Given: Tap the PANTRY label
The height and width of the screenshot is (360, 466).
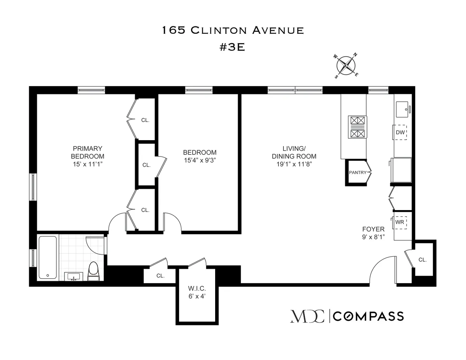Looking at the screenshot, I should click(357, 172).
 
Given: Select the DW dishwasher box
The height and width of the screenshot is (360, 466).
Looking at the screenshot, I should click(400, 132).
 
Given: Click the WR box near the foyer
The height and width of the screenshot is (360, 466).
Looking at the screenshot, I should click(400, 222).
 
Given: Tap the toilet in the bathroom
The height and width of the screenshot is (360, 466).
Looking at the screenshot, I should click(94, 271).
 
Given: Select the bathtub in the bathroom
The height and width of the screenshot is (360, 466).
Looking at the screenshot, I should click(47, 257).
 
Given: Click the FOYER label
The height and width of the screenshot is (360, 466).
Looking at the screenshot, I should click(374, 229).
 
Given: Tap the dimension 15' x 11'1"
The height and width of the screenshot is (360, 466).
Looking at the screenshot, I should click(87, 164).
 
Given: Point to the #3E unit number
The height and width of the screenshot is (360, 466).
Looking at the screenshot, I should click(233, 47).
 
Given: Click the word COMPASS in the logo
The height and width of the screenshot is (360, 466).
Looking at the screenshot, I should click(369, 317).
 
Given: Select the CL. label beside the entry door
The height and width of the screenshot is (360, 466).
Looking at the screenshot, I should click(423, 260).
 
